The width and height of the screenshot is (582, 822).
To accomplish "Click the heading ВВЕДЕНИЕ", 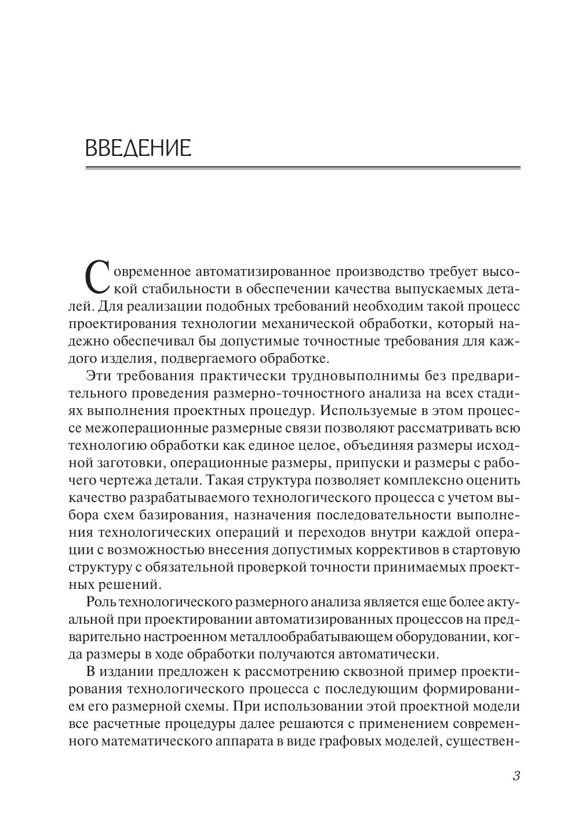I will pyautogui.click(x=138, y=148).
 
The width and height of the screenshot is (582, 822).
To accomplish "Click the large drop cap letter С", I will pyautogui.click(x=97, y=277).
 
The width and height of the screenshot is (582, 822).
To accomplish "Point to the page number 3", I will pyautogui.click(x=516, y=776).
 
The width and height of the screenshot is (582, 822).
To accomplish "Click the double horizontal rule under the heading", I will pyautogui.click(x=303, y=169).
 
